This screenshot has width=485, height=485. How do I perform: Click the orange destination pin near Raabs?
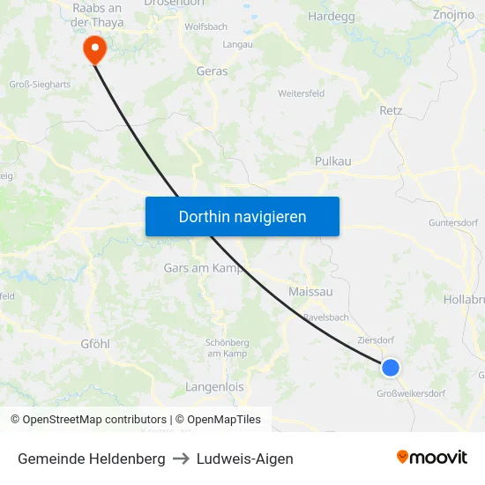[93, 48]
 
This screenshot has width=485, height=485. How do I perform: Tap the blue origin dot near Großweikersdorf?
[390, 369]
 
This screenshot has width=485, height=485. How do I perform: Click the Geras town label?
[212, 71]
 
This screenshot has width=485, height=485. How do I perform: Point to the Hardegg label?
[331, 16]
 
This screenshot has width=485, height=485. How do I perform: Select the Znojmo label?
[453, 15]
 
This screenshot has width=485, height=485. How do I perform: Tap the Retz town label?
[390, 111]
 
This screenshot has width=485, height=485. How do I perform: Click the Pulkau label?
[332, 161]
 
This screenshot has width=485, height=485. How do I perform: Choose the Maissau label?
[310, 291]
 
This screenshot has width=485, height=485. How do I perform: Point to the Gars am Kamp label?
[203, 267]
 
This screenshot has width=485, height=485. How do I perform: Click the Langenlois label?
[214, 387]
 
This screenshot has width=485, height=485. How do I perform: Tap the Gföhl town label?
[95, 343]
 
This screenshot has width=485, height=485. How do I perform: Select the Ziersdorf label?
[377, 339]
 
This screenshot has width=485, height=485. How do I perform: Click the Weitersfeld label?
[301, 93]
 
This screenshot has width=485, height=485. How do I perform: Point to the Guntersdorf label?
[452, 223]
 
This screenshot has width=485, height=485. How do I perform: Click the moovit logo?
[432, 458]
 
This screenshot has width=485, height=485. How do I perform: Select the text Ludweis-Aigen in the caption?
[245, 459]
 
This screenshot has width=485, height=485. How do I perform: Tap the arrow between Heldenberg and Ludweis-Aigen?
[181, 459]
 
